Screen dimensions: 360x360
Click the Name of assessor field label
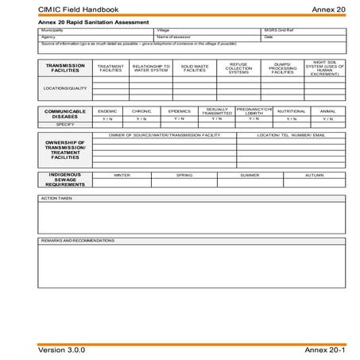pyautogui.click(x=176, y=37)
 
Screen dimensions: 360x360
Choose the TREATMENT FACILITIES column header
pyautogui.click(x=110, y=68)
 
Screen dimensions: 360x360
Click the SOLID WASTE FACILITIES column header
pyautogui.click(x=195, y=68)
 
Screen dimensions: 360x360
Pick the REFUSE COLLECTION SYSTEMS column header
pyautogui.click(x=238, y=68)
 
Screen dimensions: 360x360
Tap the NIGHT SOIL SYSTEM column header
pyautogui.click(x=326, y=68)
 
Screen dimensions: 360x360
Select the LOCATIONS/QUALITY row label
pyautogui.click(x=65, y=88)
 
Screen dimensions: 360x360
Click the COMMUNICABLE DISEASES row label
pyautogui.click(x=65, y=113)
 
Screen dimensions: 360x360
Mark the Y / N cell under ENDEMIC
pyautogui.click(x=106, y=118)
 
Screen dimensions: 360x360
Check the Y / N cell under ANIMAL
pyautogui.click(x=327, y=118)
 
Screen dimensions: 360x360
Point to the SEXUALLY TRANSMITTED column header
pyautogui.click(x=217, y=111)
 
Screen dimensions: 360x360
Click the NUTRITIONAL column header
pyautogui.click(x=292, y=111)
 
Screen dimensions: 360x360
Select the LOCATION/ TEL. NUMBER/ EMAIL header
pyautogui.click(x=291, y=135)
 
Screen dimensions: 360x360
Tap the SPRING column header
pyautogui.click(x=184, y=175)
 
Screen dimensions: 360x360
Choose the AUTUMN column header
pyautogui.click(x=313, y=175)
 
